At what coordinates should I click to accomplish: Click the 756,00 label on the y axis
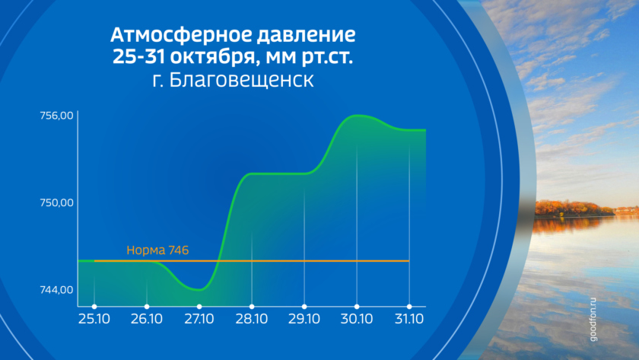[56, 116]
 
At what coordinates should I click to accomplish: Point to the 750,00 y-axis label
[56, 203]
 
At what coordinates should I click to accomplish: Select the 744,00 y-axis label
[56, 290]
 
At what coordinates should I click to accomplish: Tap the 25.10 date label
[94, 319]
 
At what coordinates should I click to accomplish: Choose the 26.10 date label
[147, 319]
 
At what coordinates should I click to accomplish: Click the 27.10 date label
[199, 319]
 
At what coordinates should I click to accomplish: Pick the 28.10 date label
[252, 319]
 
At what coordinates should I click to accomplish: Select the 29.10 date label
[304, 319]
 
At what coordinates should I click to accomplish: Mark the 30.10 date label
[357, 319]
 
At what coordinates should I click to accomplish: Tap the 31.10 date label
[409, 319]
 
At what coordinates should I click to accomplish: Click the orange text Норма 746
[157, 250]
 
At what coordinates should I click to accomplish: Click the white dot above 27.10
[199, 307]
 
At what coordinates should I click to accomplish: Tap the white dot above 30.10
[357, 307]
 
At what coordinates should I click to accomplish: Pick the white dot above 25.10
[94, 307]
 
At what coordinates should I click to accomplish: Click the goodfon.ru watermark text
[593, 320]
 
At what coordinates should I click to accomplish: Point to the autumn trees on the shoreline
[574, 209]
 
